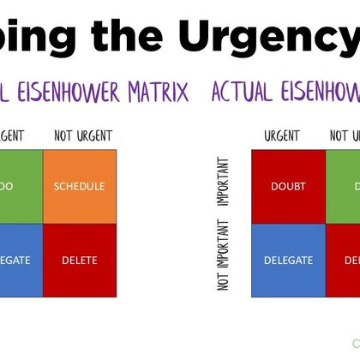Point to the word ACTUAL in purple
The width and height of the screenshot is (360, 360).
click(241, 92)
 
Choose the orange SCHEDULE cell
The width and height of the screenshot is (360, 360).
click(78, 186)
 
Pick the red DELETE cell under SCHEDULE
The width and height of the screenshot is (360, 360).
click(78, 261)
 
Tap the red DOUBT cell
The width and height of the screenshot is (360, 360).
click(288, 186)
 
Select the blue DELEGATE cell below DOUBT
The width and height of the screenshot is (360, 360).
click(288, 261)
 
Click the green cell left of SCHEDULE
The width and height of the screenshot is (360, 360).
click(21, 186)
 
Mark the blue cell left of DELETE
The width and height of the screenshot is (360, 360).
click(21, 261)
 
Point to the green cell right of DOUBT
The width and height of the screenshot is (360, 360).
click(343, 186)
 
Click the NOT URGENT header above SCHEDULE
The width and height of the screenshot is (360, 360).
click(83, 136)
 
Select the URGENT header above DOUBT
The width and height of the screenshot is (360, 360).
click(282, 136)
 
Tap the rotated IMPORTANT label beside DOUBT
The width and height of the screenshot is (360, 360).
click(224, 182)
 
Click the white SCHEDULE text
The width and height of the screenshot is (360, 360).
click(78, 186)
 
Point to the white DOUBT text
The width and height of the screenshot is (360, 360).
click(288, 186)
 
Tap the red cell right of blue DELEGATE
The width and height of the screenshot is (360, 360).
click(343, 261)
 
